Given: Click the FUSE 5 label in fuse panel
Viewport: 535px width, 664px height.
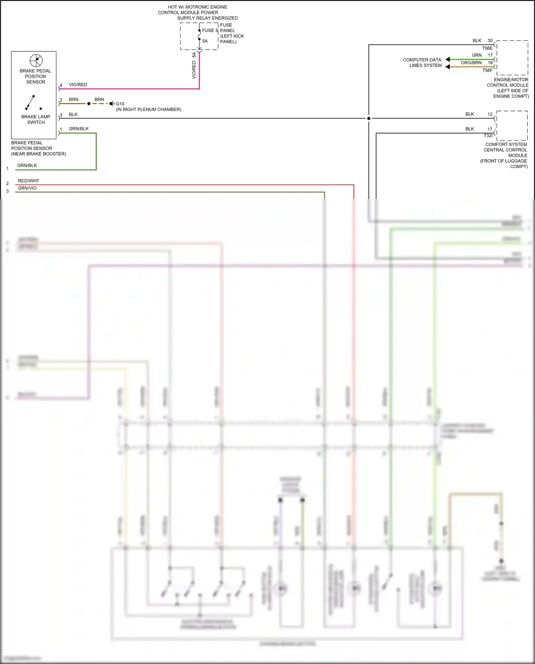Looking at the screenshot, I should [x=209, y=31].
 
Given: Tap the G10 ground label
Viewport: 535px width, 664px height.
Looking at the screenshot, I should [x=120, y=104].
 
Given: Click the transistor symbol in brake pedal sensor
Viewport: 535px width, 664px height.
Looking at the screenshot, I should [x=36, y=60].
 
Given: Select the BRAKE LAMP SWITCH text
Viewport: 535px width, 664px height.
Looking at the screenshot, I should [x=36, y=120].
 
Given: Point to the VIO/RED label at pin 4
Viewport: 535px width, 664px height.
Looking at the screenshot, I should [x=78, y=85].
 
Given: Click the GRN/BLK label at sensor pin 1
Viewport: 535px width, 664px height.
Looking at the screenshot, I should [x=78, y=129].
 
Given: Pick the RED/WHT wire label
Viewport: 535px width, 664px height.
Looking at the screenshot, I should [x=29, y=181].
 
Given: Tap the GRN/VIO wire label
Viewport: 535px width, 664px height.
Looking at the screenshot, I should [x=27, y=188].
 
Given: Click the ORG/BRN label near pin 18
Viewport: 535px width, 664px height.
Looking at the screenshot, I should [x=471, y=63].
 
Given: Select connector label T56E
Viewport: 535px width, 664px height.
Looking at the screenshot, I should [x=487, y=48].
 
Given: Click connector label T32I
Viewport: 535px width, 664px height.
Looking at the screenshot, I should [x=488, y=136].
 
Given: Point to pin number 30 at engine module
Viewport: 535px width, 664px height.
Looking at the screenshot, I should [x=490, y=41].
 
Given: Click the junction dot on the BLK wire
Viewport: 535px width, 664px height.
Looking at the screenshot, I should [x=368, y=118].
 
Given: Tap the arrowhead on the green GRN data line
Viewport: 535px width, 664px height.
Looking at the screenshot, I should [x=448, y=59].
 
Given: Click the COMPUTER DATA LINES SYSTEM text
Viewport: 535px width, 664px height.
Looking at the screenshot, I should [x=423, y=62].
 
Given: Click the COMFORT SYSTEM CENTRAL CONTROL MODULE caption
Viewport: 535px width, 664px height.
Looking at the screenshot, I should [x=505, y=155].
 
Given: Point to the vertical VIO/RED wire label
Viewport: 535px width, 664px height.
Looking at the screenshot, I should [x=194, y=70].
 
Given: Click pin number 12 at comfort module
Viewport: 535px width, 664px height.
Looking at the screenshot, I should [x=490, y=114].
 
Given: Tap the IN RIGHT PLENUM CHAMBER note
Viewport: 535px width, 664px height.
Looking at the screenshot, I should [x=148, y=110].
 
